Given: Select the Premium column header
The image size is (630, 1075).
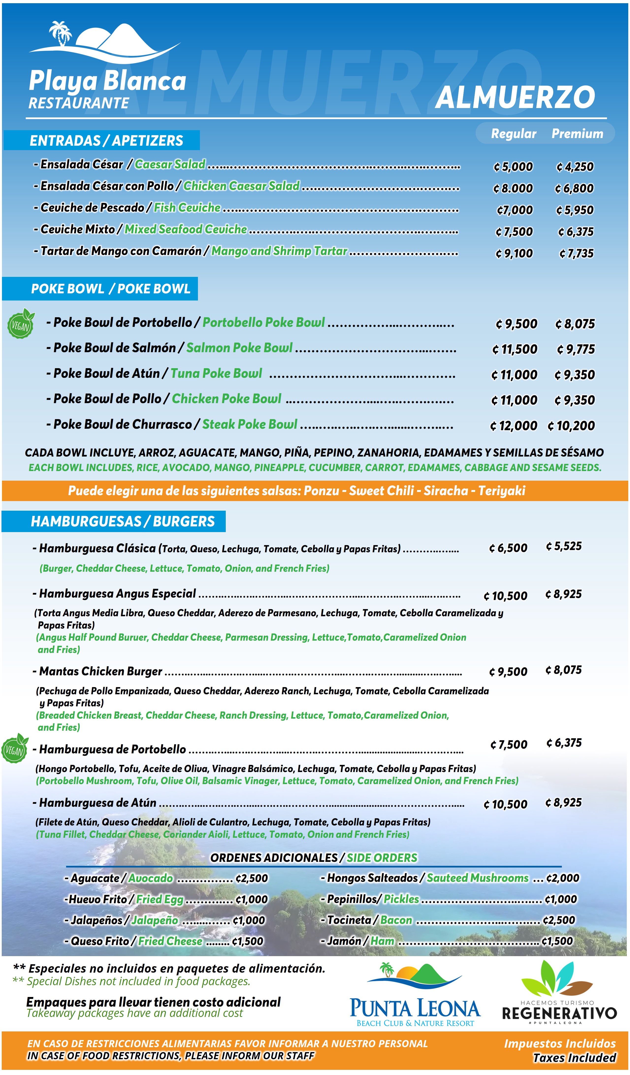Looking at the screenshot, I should (577, 134).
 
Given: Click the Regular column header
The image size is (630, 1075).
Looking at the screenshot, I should (514, 134).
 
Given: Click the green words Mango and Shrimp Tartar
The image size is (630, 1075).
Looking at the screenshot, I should (279, 251).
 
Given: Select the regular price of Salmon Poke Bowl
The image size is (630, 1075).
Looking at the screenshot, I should (515, 349).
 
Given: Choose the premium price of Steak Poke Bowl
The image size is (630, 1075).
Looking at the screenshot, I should (571, 426).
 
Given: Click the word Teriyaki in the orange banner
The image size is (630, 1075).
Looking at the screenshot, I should (501, 490).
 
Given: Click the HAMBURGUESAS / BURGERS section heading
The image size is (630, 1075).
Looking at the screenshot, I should (123, 521).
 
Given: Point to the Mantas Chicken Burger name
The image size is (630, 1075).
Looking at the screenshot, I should (101, 671).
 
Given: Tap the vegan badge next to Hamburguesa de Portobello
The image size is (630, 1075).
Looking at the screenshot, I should (15, 749).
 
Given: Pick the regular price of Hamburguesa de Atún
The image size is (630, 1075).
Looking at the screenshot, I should (505, 805).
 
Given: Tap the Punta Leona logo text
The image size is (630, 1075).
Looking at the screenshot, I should (415, 1009).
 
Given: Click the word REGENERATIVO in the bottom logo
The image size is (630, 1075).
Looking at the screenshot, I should (559, 1013).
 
